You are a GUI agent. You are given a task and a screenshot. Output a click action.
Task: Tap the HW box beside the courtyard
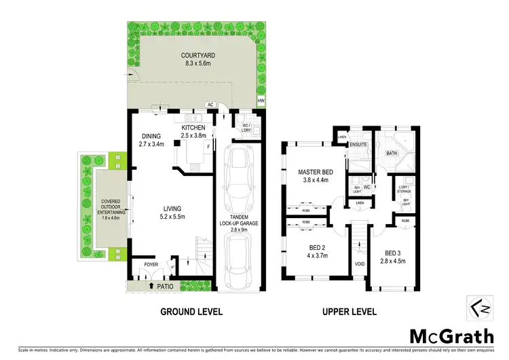tap(261, 102)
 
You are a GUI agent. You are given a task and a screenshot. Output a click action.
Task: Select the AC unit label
tap(210, 105)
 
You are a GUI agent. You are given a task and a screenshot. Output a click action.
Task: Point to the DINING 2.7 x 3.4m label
tap(151, 139)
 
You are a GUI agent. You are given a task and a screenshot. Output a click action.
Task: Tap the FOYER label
tap(141, 264)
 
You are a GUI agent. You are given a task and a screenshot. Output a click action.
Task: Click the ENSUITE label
tap(358, 145)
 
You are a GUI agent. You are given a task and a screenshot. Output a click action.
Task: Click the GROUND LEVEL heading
tap(191, 312)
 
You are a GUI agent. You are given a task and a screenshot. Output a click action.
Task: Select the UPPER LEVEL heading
tap(350, 312)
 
